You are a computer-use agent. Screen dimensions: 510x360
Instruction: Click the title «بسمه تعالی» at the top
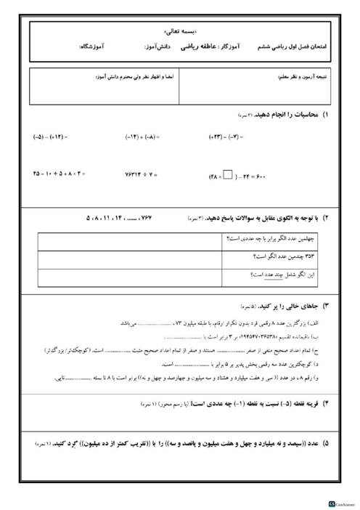coord(180,31)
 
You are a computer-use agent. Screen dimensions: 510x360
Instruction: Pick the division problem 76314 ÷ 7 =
coord(145,174)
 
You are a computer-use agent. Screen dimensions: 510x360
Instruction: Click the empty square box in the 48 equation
coord(228,174)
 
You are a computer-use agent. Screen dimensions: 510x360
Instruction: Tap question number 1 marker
coord(324,116)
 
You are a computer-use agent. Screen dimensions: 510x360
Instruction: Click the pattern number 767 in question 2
coord(168,217)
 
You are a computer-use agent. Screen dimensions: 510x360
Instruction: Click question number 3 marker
coord(324,307)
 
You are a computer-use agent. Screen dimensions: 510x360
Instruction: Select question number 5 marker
coord(324,442)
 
